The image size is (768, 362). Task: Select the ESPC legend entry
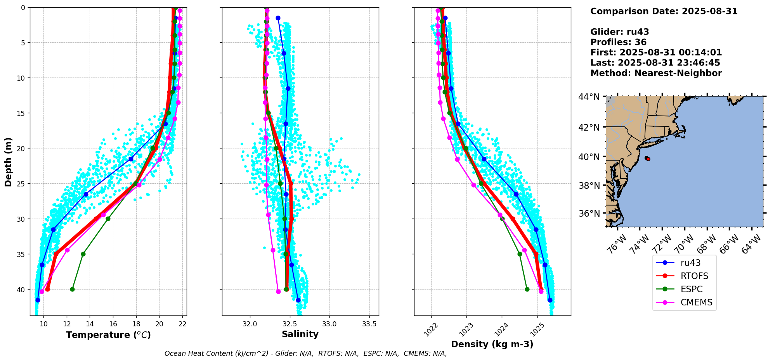691,289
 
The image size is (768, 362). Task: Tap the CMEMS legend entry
696,302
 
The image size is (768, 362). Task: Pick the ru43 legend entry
690,263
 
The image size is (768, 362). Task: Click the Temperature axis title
108,335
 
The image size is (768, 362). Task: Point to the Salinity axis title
300,334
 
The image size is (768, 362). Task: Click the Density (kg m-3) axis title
492,344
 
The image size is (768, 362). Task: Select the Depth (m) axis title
9,162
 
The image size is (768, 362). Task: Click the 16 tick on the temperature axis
113,324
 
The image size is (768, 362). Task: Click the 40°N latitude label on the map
589,157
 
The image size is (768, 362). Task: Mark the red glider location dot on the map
648,159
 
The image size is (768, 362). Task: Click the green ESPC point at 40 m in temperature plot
72,289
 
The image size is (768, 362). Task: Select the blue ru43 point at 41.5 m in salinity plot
298,300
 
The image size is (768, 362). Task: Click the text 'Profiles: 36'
618,42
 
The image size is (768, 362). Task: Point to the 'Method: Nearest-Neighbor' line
656,73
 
